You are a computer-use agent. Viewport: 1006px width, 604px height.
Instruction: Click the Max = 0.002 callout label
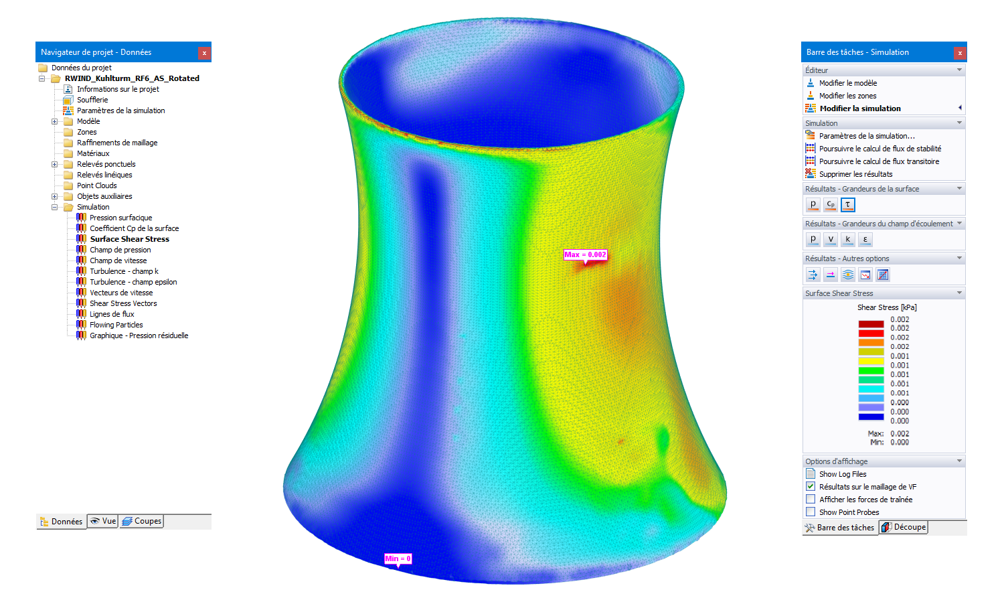pyautogui.click(x=585, y=255)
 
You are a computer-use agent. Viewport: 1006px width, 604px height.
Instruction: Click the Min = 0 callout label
pyautogui.click(x=398, y=558)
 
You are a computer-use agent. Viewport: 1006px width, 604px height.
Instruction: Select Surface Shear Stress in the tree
pyautogui.click(x=129, y=239)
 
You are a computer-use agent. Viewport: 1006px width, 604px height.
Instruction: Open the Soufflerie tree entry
pyautogui.click(x=92, y=100)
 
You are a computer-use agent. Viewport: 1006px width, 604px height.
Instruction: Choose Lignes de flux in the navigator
pyautogui.click(x=112, y=314)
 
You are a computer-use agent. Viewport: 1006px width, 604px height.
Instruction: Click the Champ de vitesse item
pyautogui.click(x=118, y=260)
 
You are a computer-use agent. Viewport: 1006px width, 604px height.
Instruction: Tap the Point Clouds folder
pyautogui.click(x=96, y=185)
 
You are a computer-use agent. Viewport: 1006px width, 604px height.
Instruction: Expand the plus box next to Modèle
pyautogui.click(x=54, y=121)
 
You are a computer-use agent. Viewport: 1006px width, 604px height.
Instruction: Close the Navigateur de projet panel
pyautogui.click(x=204, y=53)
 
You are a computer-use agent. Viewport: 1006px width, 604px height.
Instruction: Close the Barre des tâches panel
pyautogui.click(x=960, y=53)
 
